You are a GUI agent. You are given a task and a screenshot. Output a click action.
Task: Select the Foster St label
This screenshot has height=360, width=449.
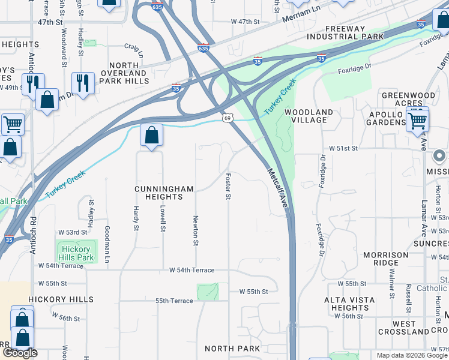[228, 187]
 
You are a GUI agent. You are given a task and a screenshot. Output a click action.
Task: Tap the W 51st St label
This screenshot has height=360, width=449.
[343, 148]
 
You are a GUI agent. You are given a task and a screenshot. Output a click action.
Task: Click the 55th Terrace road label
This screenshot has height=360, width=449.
[174, 301]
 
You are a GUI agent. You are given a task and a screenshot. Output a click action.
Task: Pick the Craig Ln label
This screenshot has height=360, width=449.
[134, 46]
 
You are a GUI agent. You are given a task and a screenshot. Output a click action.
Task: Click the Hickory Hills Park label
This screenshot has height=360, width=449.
[76, 253]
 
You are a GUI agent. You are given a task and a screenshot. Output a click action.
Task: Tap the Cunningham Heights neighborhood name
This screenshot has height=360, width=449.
[164, 193]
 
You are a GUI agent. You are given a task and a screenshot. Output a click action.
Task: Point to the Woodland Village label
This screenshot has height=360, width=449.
[309, 116]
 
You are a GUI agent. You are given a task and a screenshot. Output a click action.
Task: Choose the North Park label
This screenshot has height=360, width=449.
[232, 349]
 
